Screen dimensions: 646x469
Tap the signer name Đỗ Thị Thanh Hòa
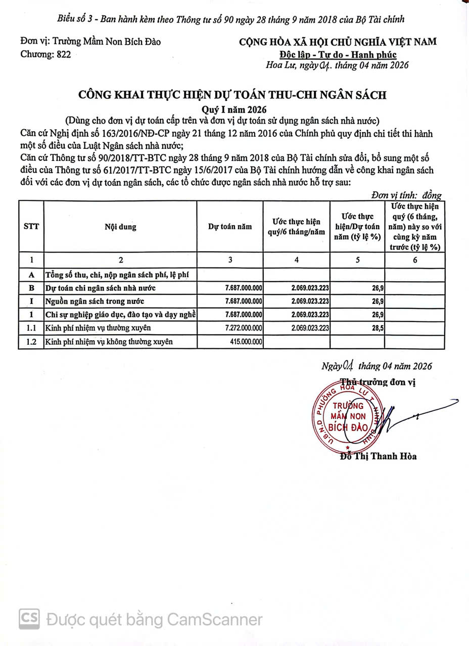[379, 456]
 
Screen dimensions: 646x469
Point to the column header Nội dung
[120, 227]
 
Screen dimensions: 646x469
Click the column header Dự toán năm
[230, 227]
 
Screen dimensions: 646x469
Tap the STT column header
[31, 227]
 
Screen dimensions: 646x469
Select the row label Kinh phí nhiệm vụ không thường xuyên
[109, 342]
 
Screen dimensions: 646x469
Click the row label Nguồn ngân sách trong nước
[95, 301]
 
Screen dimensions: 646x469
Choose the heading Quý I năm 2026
[234, 110]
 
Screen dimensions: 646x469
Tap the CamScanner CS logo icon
[29, 619]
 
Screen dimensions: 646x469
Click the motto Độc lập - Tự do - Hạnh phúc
[338, 55]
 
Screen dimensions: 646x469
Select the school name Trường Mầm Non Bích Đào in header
[90, 42]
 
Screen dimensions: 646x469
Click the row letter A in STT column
[31, 275]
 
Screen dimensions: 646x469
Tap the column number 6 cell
[415, 260]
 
